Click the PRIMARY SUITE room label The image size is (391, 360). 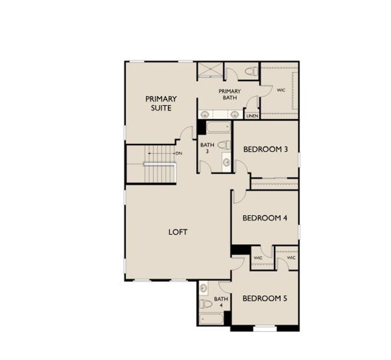pyautogui.click(x=161, y=103)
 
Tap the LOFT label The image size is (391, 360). pyautogui.click(x=178, y=232)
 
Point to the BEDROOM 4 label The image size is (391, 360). pyautogui.click(x=264, y=218)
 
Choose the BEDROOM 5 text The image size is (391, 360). pyautogui.click(x=264, y=298)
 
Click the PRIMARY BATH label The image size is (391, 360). pyautogui.click(x=229, y=94)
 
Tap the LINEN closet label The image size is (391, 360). pyautogui.click(x=252, y=116)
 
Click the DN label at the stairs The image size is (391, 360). pyautogui.click(x=179, y=154)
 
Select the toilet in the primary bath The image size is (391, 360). pyautogui.click(x=251, y=72)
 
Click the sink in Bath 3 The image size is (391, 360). pyautogui.click(x=226, y=161)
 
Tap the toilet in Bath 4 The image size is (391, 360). pyautogui.click(x=204, y=304)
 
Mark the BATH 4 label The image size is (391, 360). pyautogui.click(x=221, y=302)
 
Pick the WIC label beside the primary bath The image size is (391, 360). pyautogui.click(x=281, y=91)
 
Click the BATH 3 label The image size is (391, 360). pyautogui.click(x=207, y=148)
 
